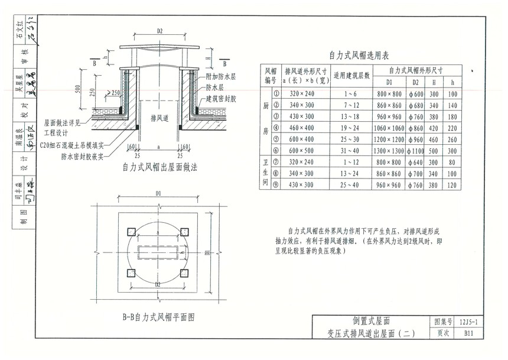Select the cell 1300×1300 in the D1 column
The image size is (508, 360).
pyautogui.click(x=389, y=151)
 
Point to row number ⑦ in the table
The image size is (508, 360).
pyautogui.click(x=275, y=163)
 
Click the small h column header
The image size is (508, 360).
pyautogui.click(x=452, y=82)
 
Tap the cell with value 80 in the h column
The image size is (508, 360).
pyautogui.click(x=452, y=163)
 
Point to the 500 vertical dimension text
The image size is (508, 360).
pyautogui.click(x=78, y=89)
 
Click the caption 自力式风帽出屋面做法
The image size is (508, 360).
pyautogui.click(x=159, y=168)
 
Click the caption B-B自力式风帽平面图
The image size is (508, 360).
pyautogui.click(x=159, y=317)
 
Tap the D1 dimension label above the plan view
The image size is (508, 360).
pyautogui.click(x=159, y=193)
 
